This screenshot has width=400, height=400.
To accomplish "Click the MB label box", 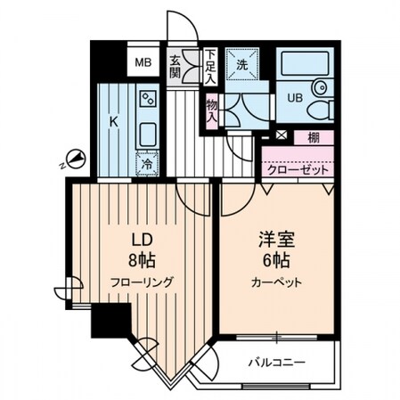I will point(142,62).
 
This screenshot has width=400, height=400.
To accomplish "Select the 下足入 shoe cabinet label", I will point(209,67).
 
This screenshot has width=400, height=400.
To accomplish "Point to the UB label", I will point(293,98).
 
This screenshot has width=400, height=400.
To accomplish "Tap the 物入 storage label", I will point(212,110).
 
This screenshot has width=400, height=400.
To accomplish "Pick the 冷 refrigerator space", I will point(147,164).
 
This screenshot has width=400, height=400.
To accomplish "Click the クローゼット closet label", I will point(298,167).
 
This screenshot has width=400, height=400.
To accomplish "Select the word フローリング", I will point(142,282).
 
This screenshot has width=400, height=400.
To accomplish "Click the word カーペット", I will point(275,282).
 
